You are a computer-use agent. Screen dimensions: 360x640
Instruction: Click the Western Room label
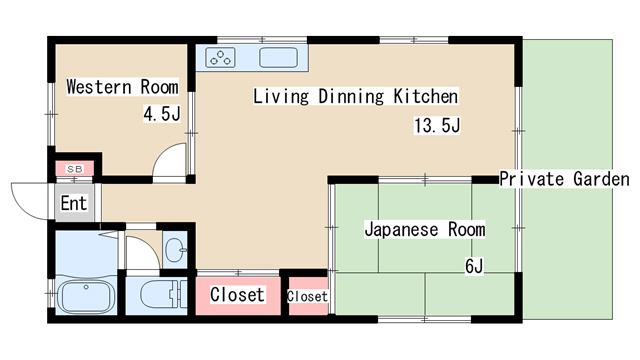coord(122,87)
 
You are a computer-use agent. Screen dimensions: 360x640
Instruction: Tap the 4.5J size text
coord(161,113)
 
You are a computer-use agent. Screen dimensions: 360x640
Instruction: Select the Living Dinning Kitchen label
coord(355,97)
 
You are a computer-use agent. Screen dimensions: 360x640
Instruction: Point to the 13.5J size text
coord(436,126)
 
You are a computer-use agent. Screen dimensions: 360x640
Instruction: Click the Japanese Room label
coord(424,230)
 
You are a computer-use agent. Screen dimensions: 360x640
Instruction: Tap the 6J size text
coord(474,266)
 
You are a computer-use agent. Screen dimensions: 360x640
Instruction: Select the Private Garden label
coord(564,179)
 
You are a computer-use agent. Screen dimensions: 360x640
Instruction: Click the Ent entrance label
coord(74,204)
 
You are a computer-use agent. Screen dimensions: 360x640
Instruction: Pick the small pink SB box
coord(75,168)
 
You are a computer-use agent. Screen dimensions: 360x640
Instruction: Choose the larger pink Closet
coord(238,295)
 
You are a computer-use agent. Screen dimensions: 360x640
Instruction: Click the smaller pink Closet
coord(307,297)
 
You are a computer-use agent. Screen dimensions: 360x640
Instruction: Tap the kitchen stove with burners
coord(221,58)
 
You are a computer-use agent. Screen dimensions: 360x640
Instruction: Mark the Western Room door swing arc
coord(171,160)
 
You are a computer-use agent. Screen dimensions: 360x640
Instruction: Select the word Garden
coord(601,179)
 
